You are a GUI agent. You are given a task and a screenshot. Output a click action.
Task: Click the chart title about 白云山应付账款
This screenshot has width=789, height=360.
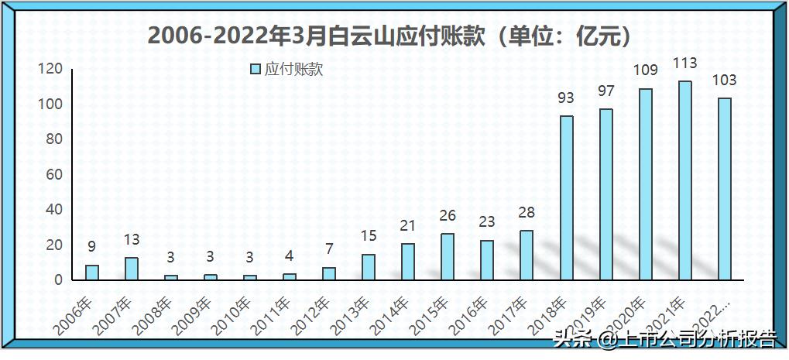coord(394,36)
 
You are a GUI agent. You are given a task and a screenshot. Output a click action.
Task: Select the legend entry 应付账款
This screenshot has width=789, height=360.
coord(286,70)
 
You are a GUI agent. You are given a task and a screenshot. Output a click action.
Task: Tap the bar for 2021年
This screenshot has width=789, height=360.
coord(684,180)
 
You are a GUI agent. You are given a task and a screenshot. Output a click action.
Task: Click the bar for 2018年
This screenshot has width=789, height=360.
coord(567,198)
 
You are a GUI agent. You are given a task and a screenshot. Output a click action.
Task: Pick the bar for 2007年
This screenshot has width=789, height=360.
coord(132,269)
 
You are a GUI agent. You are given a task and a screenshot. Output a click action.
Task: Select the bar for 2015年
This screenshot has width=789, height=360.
coord(448,257)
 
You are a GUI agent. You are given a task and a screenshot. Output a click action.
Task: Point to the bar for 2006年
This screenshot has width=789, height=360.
coord(92,273)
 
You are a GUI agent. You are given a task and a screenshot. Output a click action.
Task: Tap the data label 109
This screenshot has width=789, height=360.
coord(645,70)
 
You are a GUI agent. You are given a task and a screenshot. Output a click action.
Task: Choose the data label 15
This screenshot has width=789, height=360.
coord(369,236)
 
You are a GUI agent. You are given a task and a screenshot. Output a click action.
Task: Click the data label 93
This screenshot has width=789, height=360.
coord(567,98)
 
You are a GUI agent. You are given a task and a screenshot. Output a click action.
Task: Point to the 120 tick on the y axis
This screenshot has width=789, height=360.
coord(50,70)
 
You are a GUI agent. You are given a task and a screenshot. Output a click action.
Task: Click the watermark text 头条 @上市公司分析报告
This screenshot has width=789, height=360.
coord(664,338)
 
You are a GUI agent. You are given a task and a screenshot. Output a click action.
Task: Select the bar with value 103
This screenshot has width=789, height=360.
coord(724,189)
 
